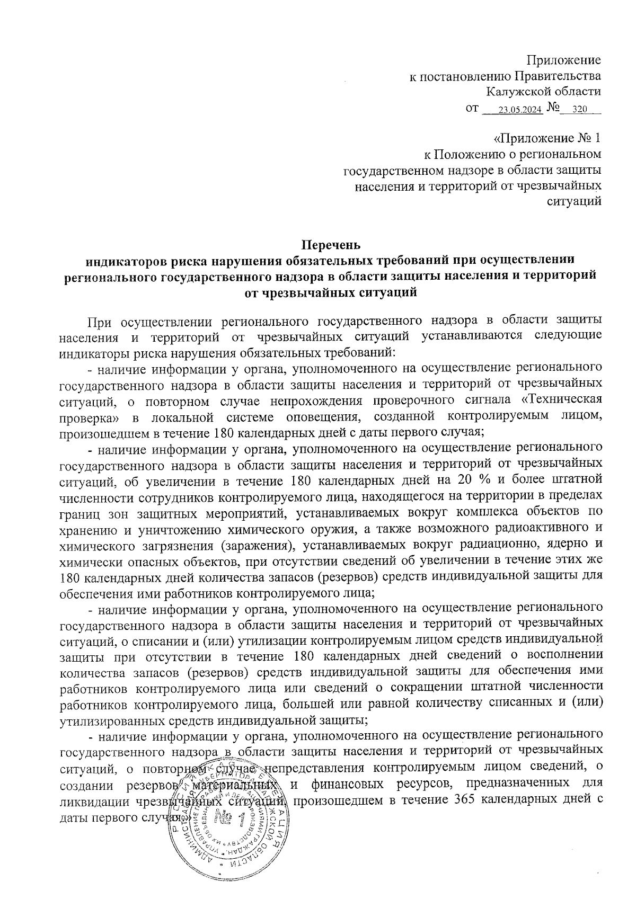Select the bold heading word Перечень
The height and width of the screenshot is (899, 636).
pyautogui.click(x=331, y=245)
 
